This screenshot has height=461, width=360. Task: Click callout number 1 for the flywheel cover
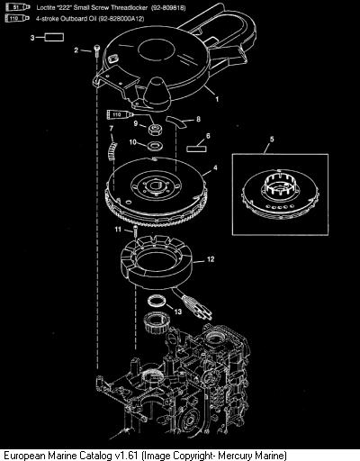coord(217,99)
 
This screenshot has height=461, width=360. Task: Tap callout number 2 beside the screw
coord(76,50)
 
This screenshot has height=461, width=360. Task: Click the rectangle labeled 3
coord(54,38)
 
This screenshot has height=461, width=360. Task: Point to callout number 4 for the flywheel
coord(215,167)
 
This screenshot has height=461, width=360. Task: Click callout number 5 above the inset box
coord(272,139)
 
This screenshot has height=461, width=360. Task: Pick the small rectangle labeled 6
coord(196,149)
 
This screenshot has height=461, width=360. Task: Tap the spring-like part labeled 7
coord(112,150)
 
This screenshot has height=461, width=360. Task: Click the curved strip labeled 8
coord(177,122)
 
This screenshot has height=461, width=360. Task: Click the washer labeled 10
coord(155,146)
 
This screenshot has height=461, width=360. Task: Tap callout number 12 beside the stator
coord(211,258)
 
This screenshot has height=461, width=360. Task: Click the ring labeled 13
coord(157,301)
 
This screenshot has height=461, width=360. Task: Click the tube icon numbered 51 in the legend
coord(18,7)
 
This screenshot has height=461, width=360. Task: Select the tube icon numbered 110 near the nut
coord(120,114)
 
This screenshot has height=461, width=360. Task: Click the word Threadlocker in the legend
coord(130,7)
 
